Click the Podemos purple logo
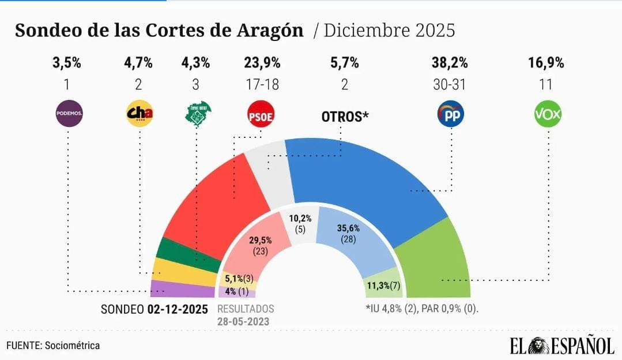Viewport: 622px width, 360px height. pyautogui.click(x=69, y=114)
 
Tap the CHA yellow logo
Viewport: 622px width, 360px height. pyautogui.click(x=139, y=114)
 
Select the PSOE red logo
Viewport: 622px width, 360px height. pyautogui.click(x=261, y=114)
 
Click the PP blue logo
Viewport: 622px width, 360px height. pyautogui.click(x=450, y=114)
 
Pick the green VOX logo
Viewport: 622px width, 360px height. pyautogui.click(x=548, y=114)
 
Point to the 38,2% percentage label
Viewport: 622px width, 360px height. pyautogui.click(x=450, y=63)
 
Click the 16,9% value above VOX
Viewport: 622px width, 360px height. pyautogui.click(x=545, y=63)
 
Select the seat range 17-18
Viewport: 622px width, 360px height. pyautogui.click(x=262, y=85)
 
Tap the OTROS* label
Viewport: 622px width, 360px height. pyautogui.click(x=345, y=117)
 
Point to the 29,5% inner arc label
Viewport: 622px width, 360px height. pyautogui.click(x=261, y=241)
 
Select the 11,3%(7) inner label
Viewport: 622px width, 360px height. pyautogui.click(x=383, y=286)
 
